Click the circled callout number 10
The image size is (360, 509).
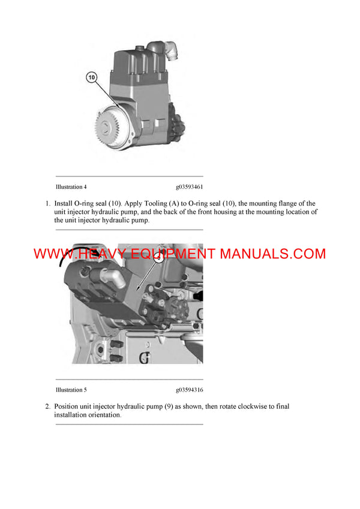pyautogui.click(x=91, y=77)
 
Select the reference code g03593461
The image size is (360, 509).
pyautogui.click(x=190, y=187)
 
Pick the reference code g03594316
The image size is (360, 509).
pyautogui.click(x=190, y=390)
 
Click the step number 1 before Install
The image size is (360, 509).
pyautogui.click(x=48, y=204)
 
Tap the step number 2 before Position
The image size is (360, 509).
pyautogui.click(x=48, y=406)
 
